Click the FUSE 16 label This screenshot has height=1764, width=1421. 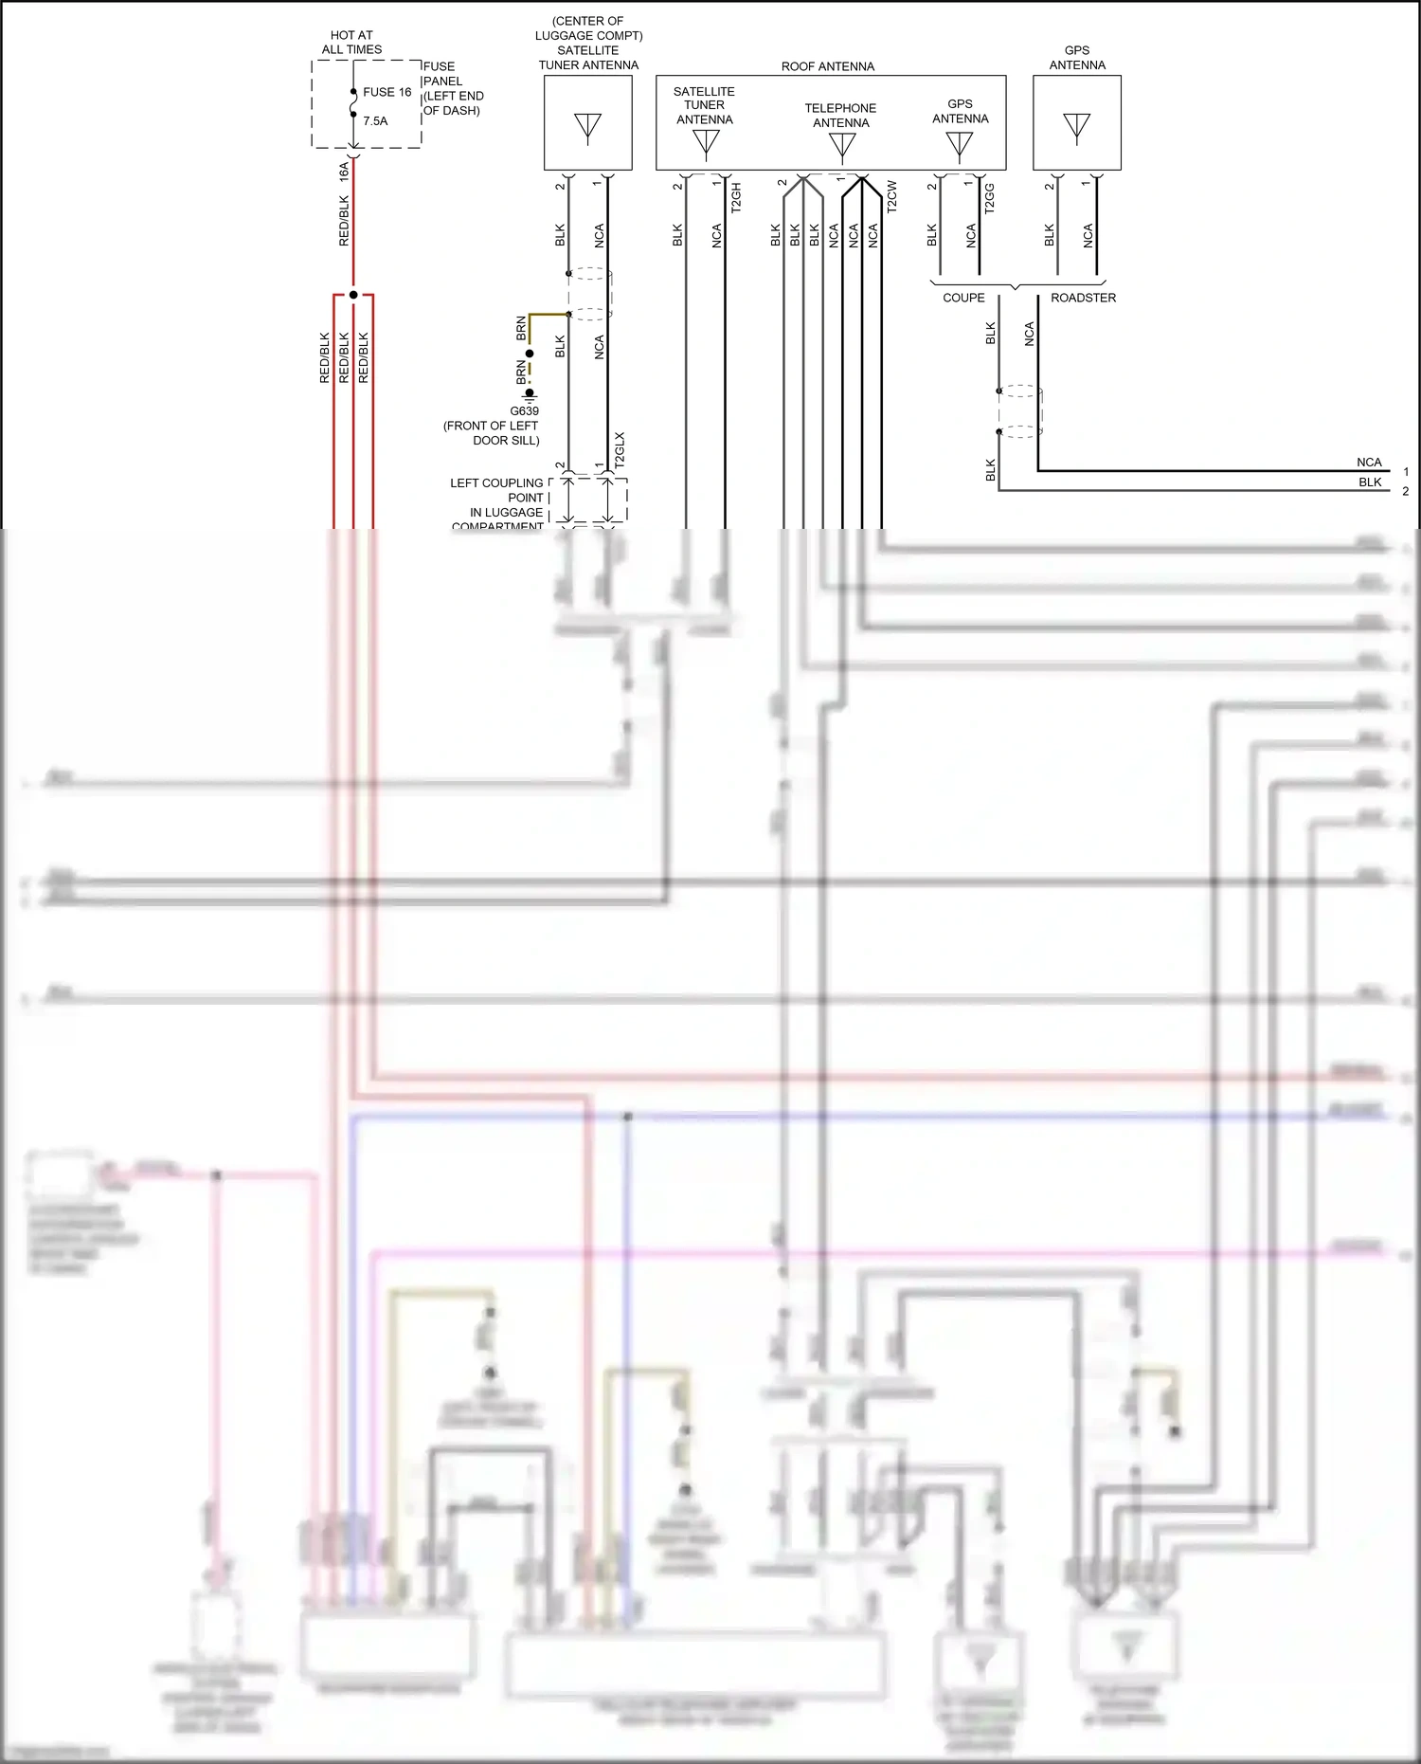pos(387,92)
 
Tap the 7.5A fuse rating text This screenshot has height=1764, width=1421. pos(375,121)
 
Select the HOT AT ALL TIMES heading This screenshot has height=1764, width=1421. pos(351,42)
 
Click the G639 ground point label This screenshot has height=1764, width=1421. pos(524,410)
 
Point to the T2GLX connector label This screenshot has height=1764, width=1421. pos(620,450)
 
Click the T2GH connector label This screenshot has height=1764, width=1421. pos(736,197)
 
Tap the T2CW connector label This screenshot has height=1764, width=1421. pos(891,196)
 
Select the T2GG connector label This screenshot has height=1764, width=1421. pos(990,198)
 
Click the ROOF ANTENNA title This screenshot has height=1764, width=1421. pos(827,66)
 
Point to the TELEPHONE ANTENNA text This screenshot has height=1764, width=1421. pos(840,116)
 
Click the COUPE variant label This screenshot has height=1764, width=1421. pos(963,298)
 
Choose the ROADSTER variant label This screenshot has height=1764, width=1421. pos(1083,298)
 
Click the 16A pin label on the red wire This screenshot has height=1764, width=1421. pos(344,172)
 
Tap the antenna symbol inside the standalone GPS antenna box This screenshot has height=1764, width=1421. pos(1076,127)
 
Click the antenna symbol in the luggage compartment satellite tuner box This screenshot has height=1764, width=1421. pos(587,127)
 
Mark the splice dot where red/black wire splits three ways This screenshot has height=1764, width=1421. pos(353,295)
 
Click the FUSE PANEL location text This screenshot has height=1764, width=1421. pos(452,88)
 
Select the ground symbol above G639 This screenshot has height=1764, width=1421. pos(530,394)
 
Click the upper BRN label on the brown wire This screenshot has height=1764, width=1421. pos(521,329)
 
